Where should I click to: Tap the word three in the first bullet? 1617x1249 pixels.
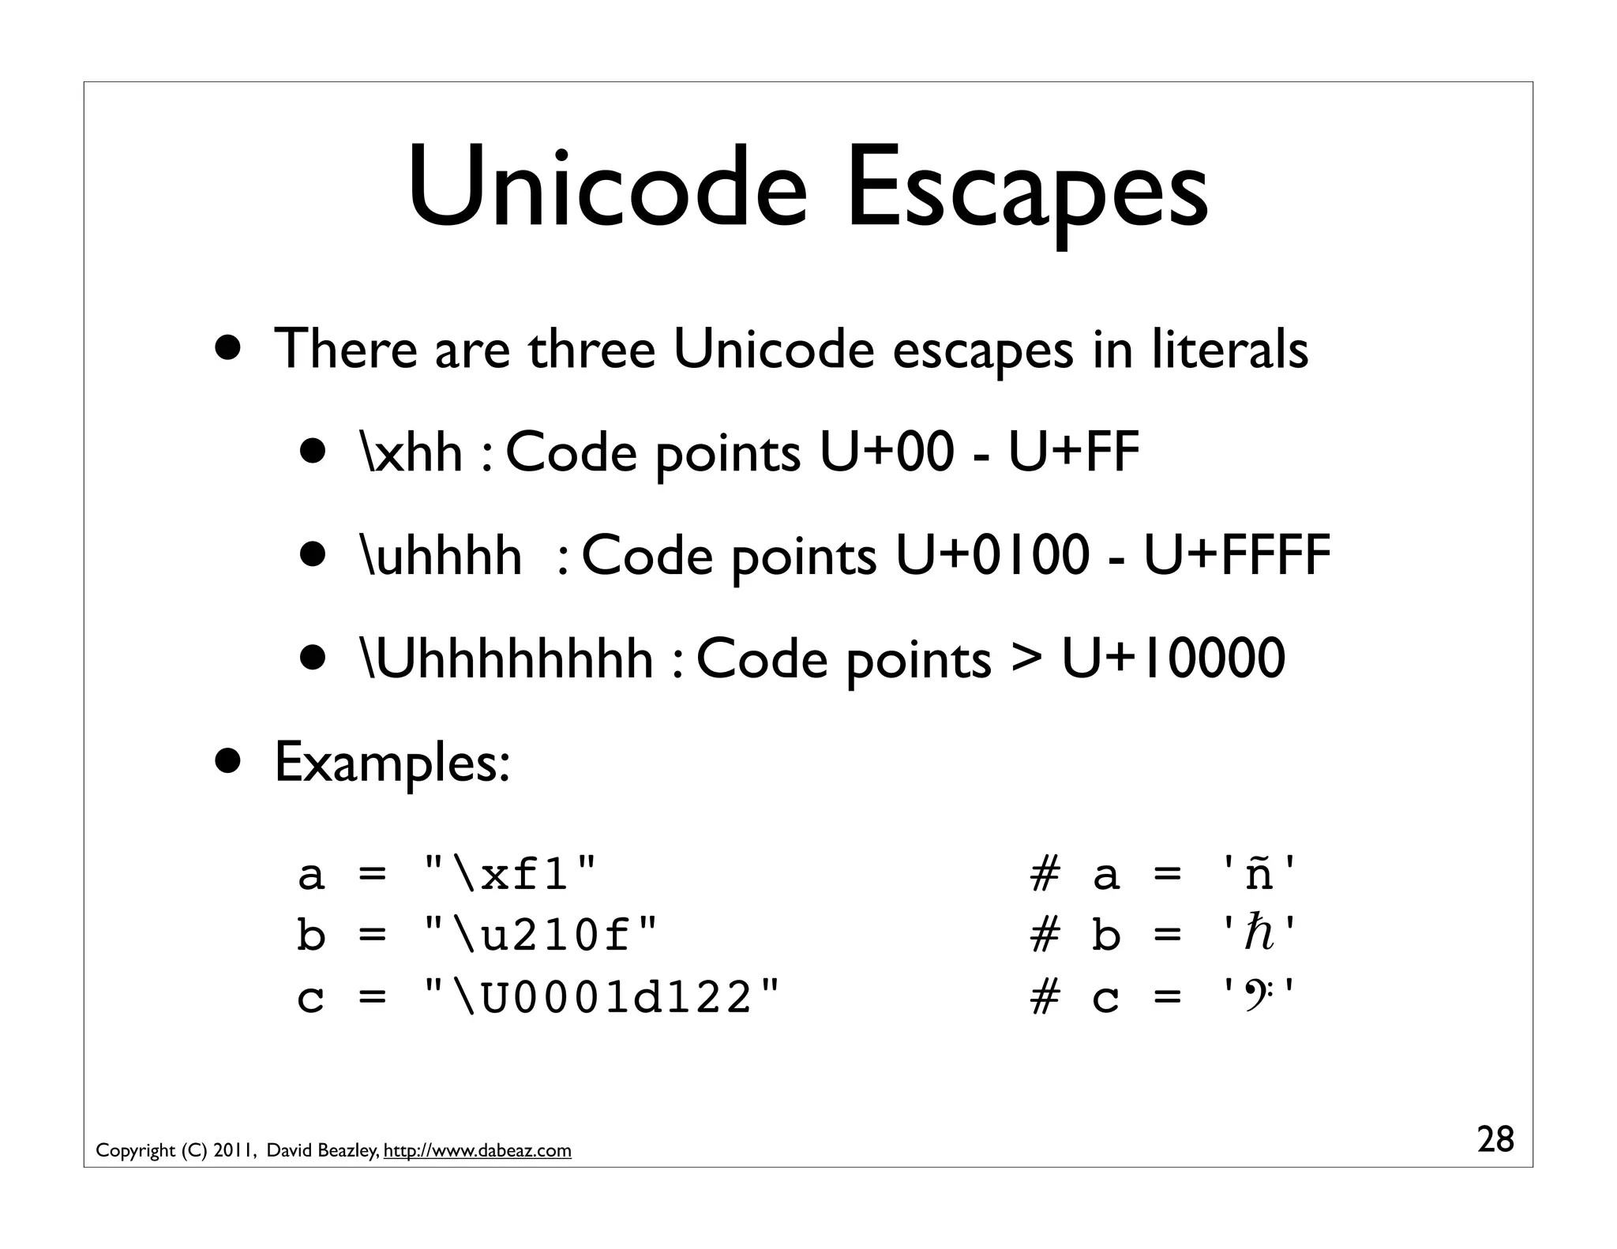(x=591, y=349)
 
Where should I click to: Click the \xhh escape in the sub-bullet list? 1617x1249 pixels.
(x=411, y=453)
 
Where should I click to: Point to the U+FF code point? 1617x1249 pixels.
(x=1074, y=453)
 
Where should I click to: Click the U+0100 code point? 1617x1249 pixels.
(x=992, y=555)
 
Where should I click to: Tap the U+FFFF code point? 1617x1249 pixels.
(x=1237, y=555)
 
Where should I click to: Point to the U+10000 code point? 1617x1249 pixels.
(x=1173, y=658)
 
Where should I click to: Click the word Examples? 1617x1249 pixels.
(x=392, y=763)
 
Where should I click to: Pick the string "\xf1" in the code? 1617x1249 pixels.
(x=510, y=875)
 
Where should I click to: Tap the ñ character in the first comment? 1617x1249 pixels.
(x=1259, y=875)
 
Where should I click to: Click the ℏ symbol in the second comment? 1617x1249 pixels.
(x=1259, y=935)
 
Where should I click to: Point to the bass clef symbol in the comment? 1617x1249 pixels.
(x=1259, y=996)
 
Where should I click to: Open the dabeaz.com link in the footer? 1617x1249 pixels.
(x=477, y=1151)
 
